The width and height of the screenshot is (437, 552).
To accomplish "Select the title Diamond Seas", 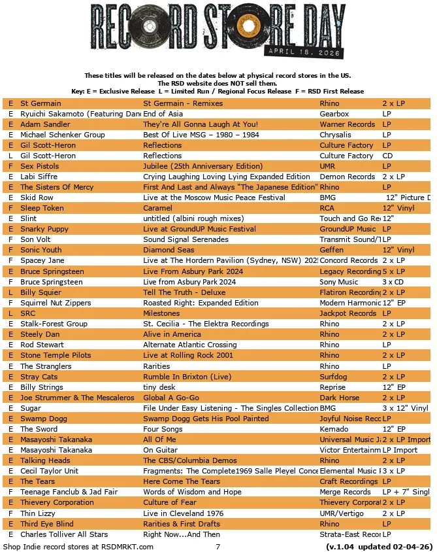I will pyautogui.click(x=169, y=250).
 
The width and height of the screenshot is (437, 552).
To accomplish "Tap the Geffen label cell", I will pyautogui.click(x=332, y=250).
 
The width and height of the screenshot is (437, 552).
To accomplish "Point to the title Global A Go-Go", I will pyautogui.click(x=171, y=398).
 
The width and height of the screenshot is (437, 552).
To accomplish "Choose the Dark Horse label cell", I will pyautogui.click(x=339, y=398).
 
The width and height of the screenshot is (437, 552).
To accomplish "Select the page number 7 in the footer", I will pyautogui.click(x=218, y=545).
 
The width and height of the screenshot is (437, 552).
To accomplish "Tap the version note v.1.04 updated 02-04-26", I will pyautogui.click(x=378, y=545).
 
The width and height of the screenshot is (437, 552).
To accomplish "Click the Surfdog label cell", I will pyautogui.click(x=334, y=377).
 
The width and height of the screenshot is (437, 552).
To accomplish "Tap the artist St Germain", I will pyautogui.click(x=40, y=103).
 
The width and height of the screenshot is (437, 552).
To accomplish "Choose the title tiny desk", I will pyautogui.click(x=160, y=387).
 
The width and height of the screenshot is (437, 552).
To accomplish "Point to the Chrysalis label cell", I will pyautogui.click(x=336, y=135).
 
